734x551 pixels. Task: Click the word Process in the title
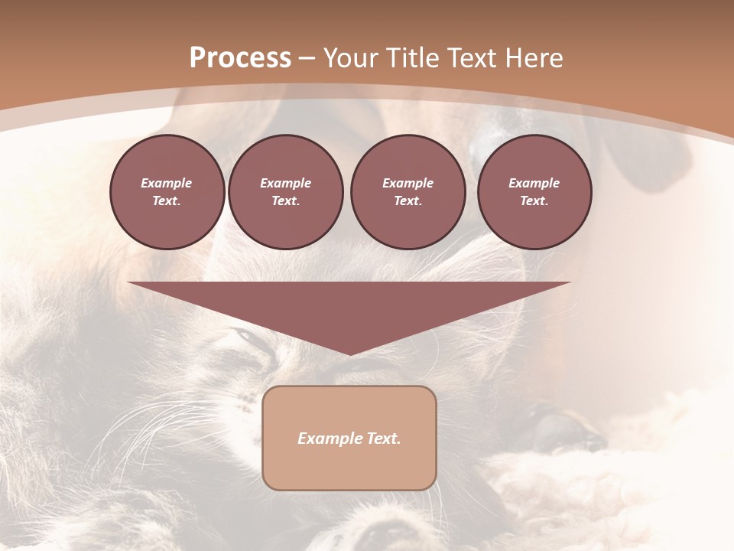(x=240, y=58)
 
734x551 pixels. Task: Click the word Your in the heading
(x=350, y=58)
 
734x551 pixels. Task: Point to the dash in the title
(x=307, y=59)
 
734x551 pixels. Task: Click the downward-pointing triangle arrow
(x=349, y=306)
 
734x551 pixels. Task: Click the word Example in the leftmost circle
(x=167, y=183)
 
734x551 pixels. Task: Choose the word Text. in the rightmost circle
(x=534, y=201)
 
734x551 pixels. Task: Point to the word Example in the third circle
(x=408, y=183)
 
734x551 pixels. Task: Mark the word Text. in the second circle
(x=285, y=201)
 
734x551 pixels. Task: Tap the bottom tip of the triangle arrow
(x=349, y=353)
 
